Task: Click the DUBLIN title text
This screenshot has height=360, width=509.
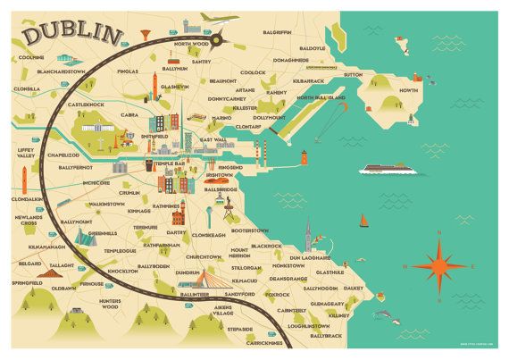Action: point(73,34)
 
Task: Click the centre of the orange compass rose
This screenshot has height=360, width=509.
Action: point(440,265)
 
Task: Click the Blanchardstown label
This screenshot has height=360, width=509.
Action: point(55,73)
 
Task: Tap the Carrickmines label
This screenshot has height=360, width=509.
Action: point(264,342)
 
